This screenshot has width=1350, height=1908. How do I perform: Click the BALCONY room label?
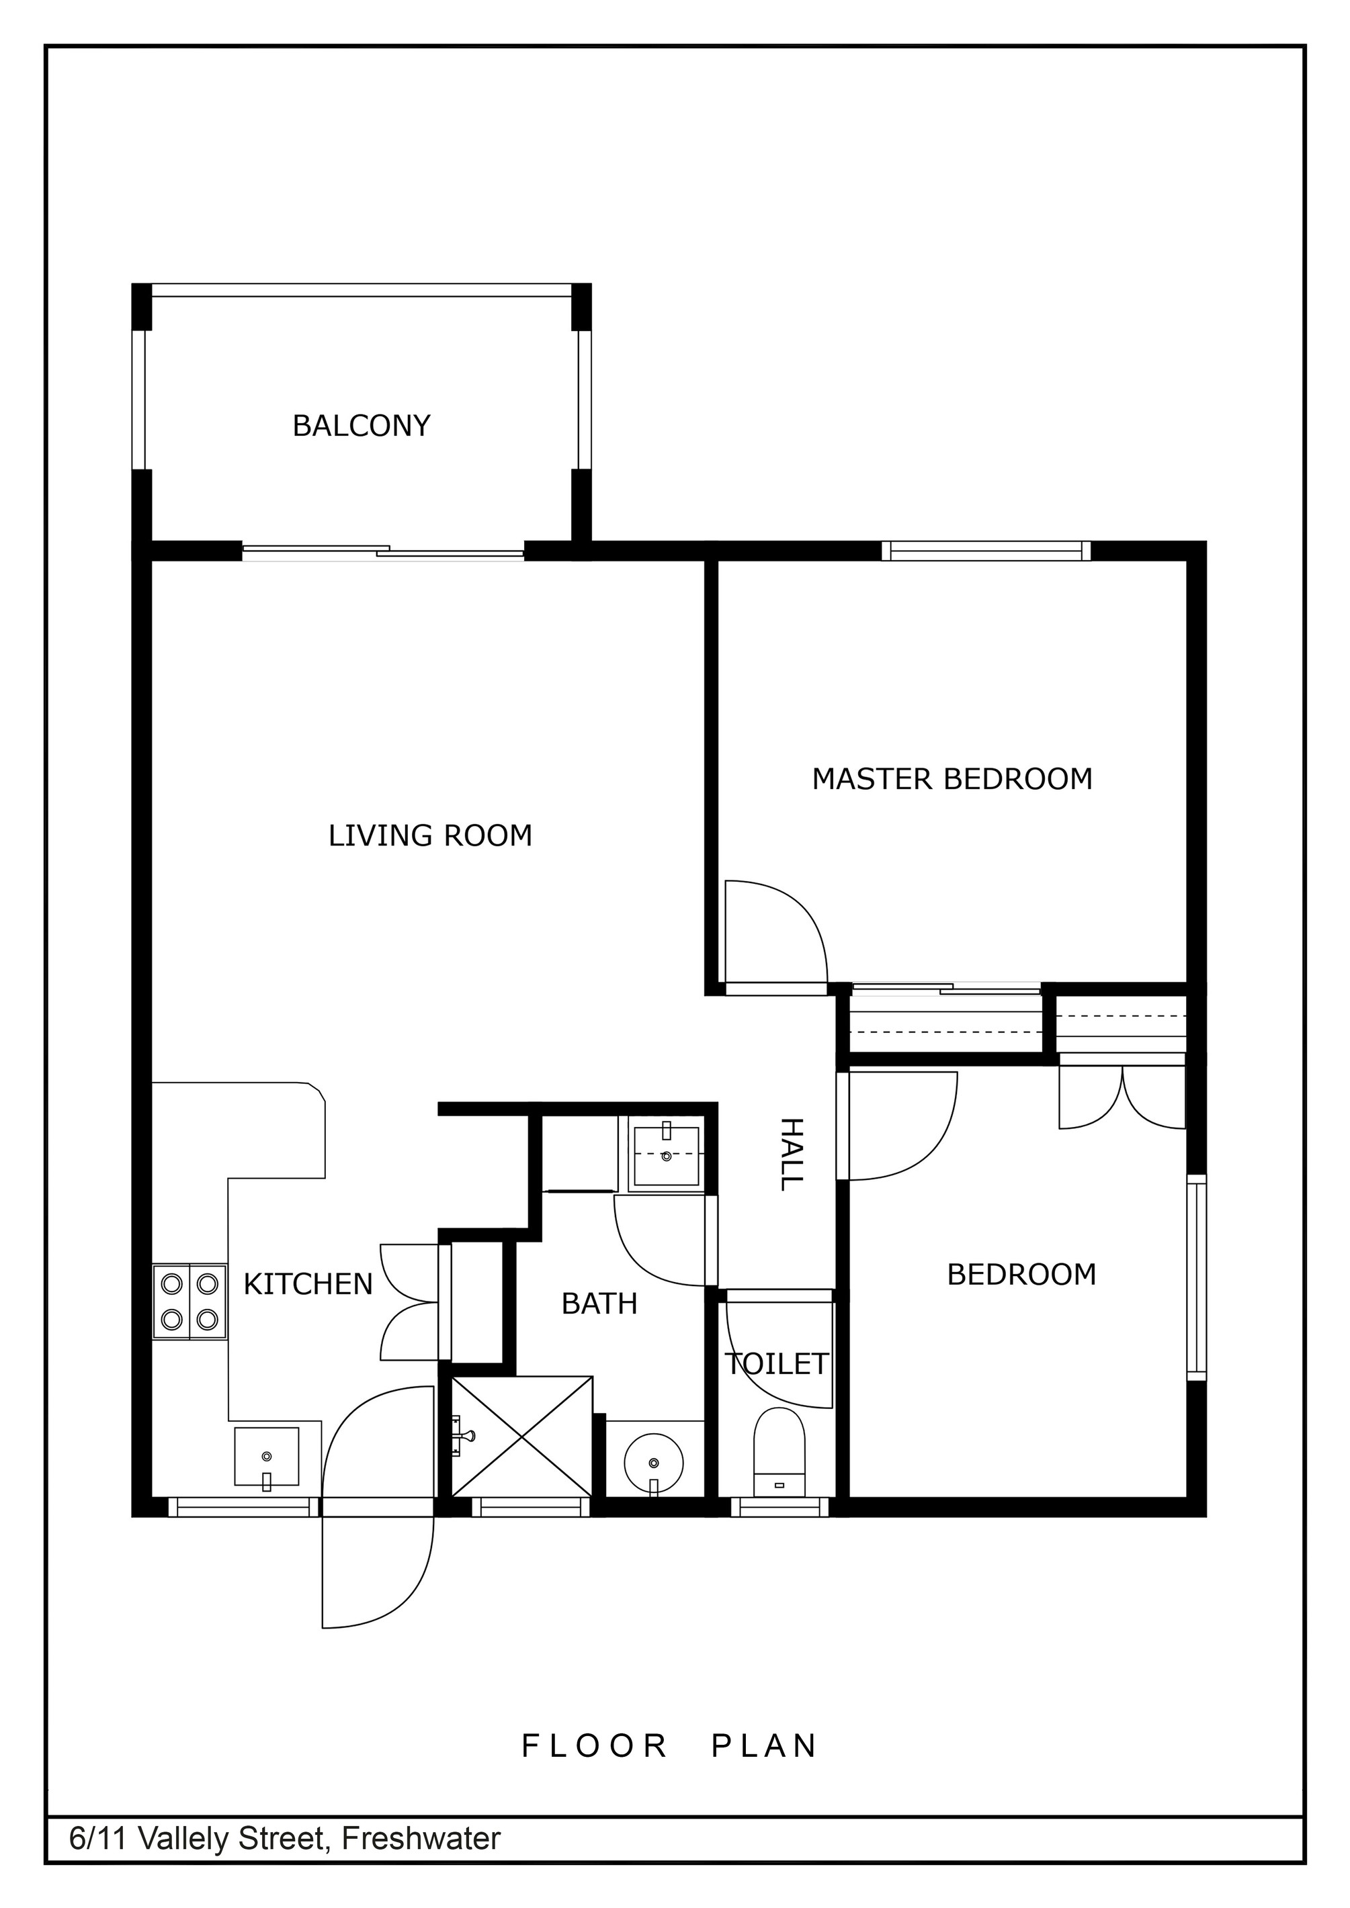(362, 426)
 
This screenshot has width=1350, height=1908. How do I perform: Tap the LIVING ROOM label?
(431, 835)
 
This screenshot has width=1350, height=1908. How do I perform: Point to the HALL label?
(792, 1154)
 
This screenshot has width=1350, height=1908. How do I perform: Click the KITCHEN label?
(308, 1284)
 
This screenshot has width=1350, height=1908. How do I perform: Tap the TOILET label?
(776, 1364)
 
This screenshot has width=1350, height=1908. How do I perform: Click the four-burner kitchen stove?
(189, 1302)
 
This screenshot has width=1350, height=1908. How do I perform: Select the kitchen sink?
(266, 1456)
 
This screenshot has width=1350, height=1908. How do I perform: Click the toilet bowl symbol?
(779, 1454)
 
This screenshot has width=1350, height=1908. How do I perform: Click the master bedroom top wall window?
(986, 551)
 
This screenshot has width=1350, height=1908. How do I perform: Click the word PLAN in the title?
(764, 1746)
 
